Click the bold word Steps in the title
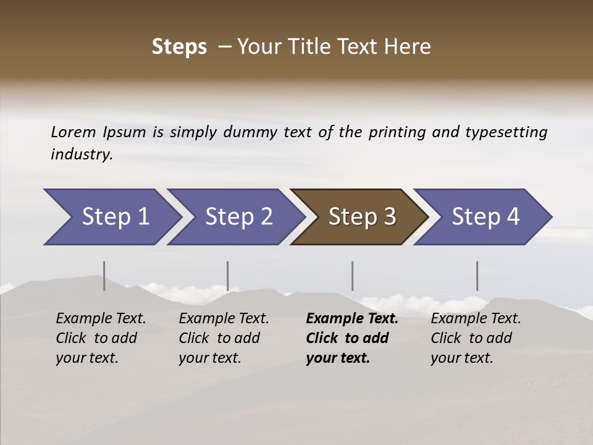pos(179,47)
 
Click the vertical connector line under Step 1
pos(104,276)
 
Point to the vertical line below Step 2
pos(227,276)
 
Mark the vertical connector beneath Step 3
pos(352,276)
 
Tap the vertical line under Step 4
pos(477,276)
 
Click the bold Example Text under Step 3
pos(352,319)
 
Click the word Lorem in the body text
pos(74,132)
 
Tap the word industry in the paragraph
pos(82,155)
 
